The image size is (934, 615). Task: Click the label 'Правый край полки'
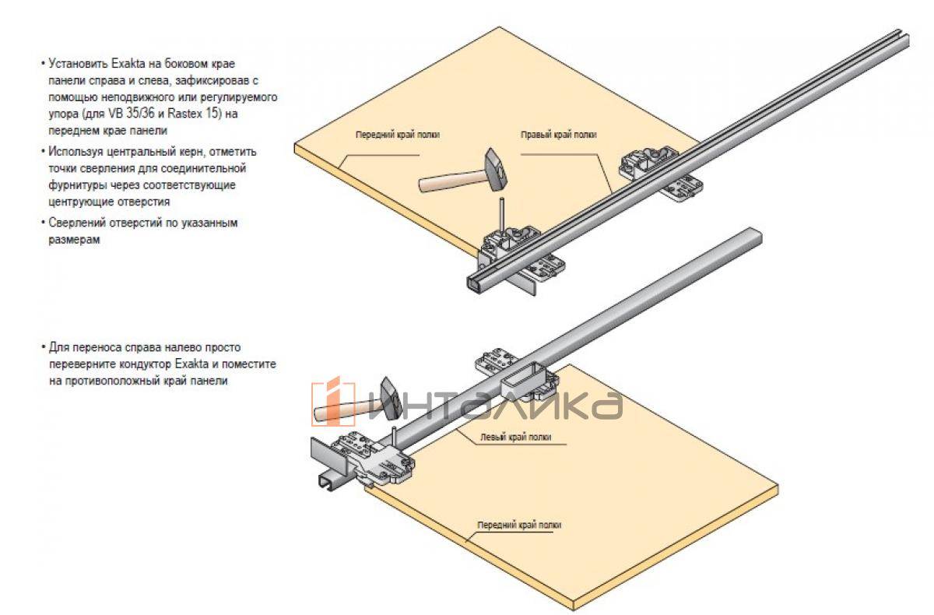[x=559, y=135]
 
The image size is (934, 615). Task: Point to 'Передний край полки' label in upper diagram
[x=398, y=135]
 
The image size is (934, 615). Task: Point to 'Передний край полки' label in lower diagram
[x=519, y=525]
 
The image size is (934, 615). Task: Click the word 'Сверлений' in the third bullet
[x=72, y=223]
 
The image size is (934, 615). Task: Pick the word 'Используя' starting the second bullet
[x=72, y=151]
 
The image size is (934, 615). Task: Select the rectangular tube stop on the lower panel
[x=521, y=380]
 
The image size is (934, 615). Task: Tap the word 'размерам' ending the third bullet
[x=69, y=241]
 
